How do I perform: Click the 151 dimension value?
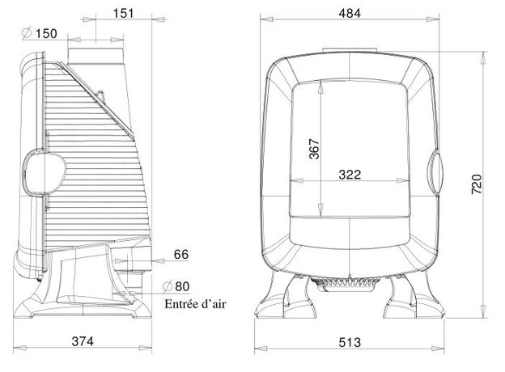(x=123, y=13)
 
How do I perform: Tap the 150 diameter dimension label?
(x=46, y=33)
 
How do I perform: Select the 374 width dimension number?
(x=83, y=340)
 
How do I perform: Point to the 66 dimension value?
(x=181, y=254)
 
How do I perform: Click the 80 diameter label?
(x=182, y=286)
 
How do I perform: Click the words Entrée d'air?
(x=195, y=304)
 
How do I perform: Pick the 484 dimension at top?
(x=350, y=13)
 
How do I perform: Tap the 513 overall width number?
(x=350, y=342)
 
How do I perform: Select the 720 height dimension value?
(x=477, y=184)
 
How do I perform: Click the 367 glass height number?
(x=314, y=149)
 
